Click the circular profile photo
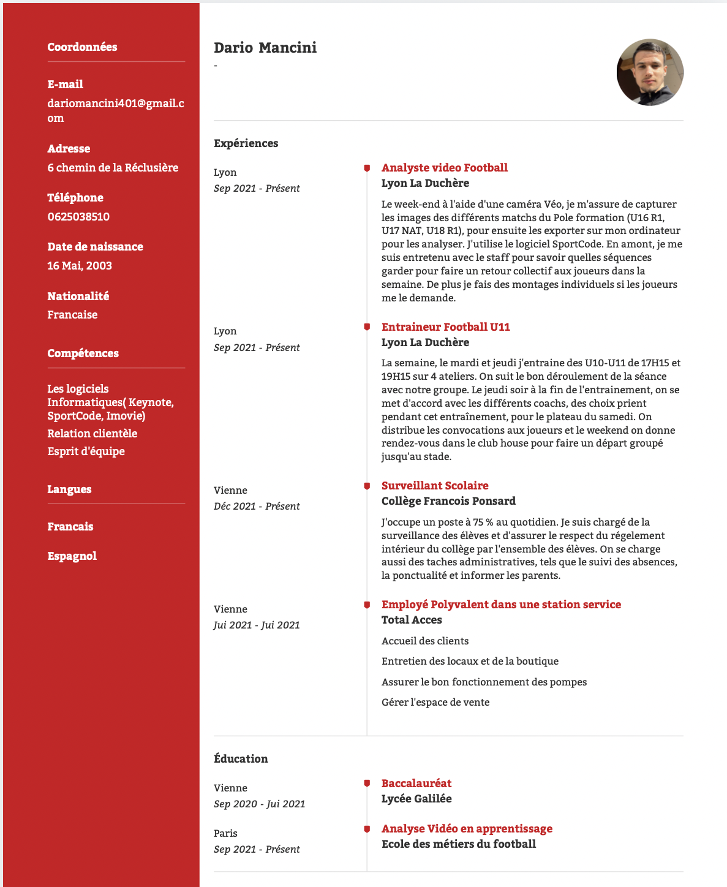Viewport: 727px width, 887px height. point(650,72)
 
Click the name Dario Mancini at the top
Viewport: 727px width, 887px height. point(265,48)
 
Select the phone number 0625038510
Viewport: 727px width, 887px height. point(78,217)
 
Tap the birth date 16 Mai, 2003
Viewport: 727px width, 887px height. point(80,266)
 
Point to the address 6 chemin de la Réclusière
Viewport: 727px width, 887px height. point(113,168)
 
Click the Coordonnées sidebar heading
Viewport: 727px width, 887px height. point(82,47)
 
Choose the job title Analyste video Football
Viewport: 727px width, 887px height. point(444,168)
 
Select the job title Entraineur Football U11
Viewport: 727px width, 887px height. point(445,327)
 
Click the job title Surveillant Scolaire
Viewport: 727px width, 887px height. point(435,486)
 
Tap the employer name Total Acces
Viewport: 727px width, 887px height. point(412,620)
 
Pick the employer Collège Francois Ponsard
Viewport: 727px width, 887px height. point(448,501)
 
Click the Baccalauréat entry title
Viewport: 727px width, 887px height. point(416,783)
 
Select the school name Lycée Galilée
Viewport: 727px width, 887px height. point(416,799)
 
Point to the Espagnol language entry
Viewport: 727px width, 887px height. point(72,556)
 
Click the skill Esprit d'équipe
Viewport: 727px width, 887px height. point(86,451)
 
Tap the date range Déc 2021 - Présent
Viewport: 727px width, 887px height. point(257,507)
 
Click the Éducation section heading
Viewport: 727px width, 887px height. point(241,759)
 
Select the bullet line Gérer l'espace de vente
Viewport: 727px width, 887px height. point(435,703)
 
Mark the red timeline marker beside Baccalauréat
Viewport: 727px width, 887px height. point(367,783)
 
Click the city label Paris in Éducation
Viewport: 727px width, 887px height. point(225,834)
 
